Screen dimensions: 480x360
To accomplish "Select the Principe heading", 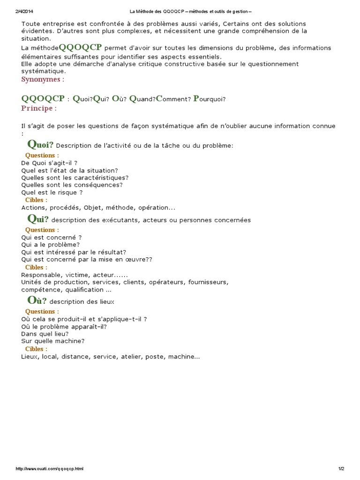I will (39, 108).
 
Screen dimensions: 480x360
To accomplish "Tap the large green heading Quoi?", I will (41, 144).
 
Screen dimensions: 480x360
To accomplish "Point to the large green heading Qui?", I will (38, 219).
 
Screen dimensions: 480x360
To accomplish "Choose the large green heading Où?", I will (37, 300).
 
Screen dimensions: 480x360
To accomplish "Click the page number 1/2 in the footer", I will (341, 469).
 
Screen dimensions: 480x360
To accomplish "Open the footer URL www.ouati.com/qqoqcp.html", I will (50, 469).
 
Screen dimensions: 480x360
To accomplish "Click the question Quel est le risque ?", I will (52, 192).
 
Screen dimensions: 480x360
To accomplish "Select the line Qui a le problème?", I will (51, 245).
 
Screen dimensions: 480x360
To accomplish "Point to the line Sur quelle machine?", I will (53, 341).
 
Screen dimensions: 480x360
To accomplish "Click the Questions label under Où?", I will (42, 312).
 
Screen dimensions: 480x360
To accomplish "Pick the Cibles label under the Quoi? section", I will (36, 200).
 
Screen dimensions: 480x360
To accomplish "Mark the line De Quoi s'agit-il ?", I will (49, 163).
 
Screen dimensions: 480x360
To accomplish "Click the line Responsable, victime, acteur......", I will (74, 275).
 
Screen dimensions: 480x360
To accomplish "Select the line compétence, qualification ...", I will (63, 290).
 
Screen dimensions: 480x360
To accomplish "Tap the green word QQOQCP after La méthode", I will (81, 47).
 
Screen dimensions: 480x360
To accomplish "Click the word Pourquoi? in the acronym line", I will (210, 99).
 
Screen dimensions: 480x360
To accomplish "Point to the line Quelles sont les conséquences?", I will (72, 185).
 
